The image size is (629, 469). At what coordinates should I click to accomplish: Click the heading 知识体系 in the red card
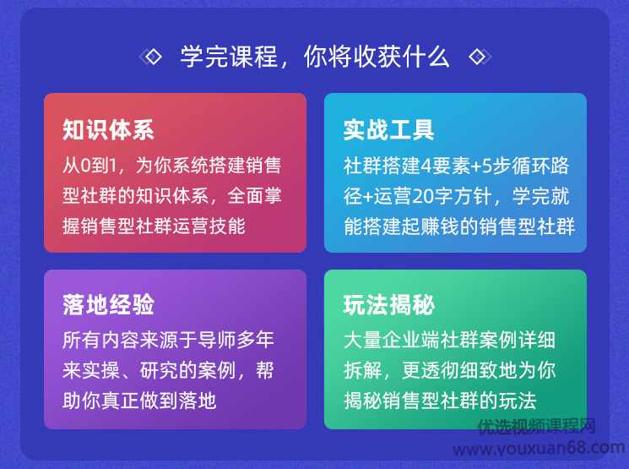coord(108,130)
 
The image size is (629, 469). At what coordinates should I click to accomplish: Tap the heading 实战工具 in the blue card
coord(388,130)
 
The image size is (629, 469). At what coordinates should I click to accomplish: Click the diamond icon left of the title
coord(153,57)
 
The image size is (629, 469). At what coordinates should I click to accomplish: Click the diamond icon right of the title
coord(477,57)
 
